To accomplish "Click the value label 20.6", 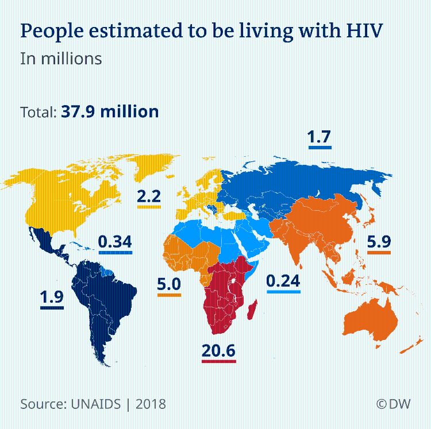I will [218, 350].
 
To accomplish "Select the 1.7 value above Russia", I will [320, 138].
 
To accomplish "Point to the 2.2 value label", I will [149, 196].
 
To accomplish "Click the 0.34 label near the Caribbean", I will [115, 242].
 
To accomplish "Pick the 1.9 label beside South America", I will [51, 297].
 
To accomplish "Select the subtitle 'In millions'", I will [61, 59].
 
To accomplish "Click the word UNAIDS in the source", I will [92, 404].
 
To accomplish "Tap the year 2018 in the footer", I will [151, 404].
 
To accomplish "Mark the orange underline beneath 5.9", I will [379, 253].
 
